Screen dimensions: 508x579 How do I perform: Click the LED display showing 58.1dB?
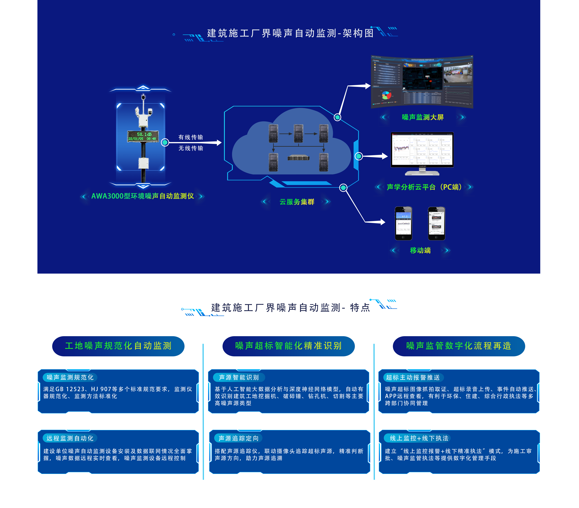coord(143,136)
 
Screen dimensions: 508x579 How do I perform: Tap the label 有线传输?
coord(191,137)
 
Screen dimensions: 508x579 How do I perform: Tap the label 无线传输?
coord(191,148)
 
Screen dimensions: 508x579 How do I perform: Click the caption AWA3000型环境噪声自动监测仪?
coord(143,196)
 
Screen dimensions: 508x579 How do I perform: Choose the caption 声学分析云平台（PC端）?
coord(424,187)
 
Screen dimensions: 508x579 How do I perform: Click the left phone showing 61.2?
coord(403,223)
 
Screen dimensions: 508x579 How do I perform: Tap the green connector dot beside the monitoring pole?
coord(165,143)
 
